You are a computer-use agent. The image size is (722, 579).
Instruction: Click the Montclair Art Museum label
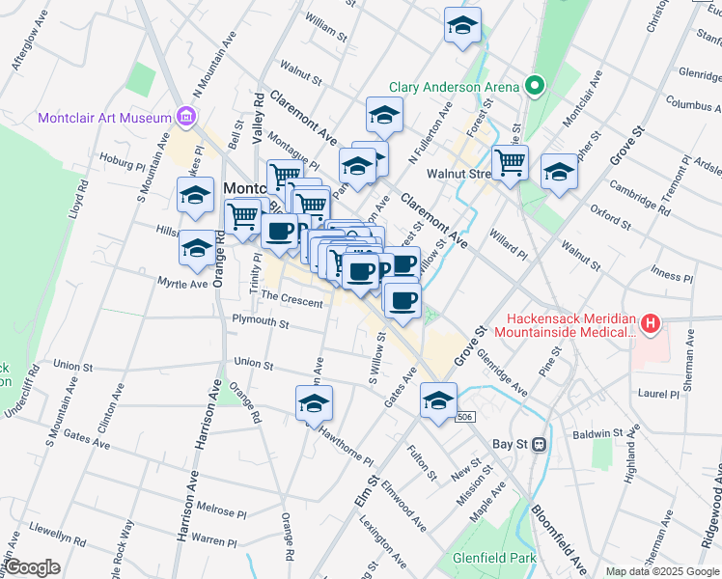pos(103,118)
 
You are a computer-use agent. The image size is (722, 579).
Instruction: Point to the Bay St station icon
pos(539,445)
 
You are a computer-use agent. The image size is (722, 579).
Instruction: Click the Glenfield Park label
pos(495,558)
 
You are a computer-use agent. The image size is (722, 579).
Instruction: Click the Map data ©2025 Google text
pos(660,571)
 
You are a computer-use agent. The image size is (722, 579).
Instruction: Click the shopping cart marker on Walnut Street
pos(509,162)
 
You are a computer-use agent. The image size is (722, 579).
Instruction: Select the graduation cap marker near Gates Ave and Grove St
pos(438,400)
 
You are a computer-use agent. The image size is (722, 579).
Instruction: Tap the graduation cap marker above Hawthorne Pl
pos(314,405)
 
